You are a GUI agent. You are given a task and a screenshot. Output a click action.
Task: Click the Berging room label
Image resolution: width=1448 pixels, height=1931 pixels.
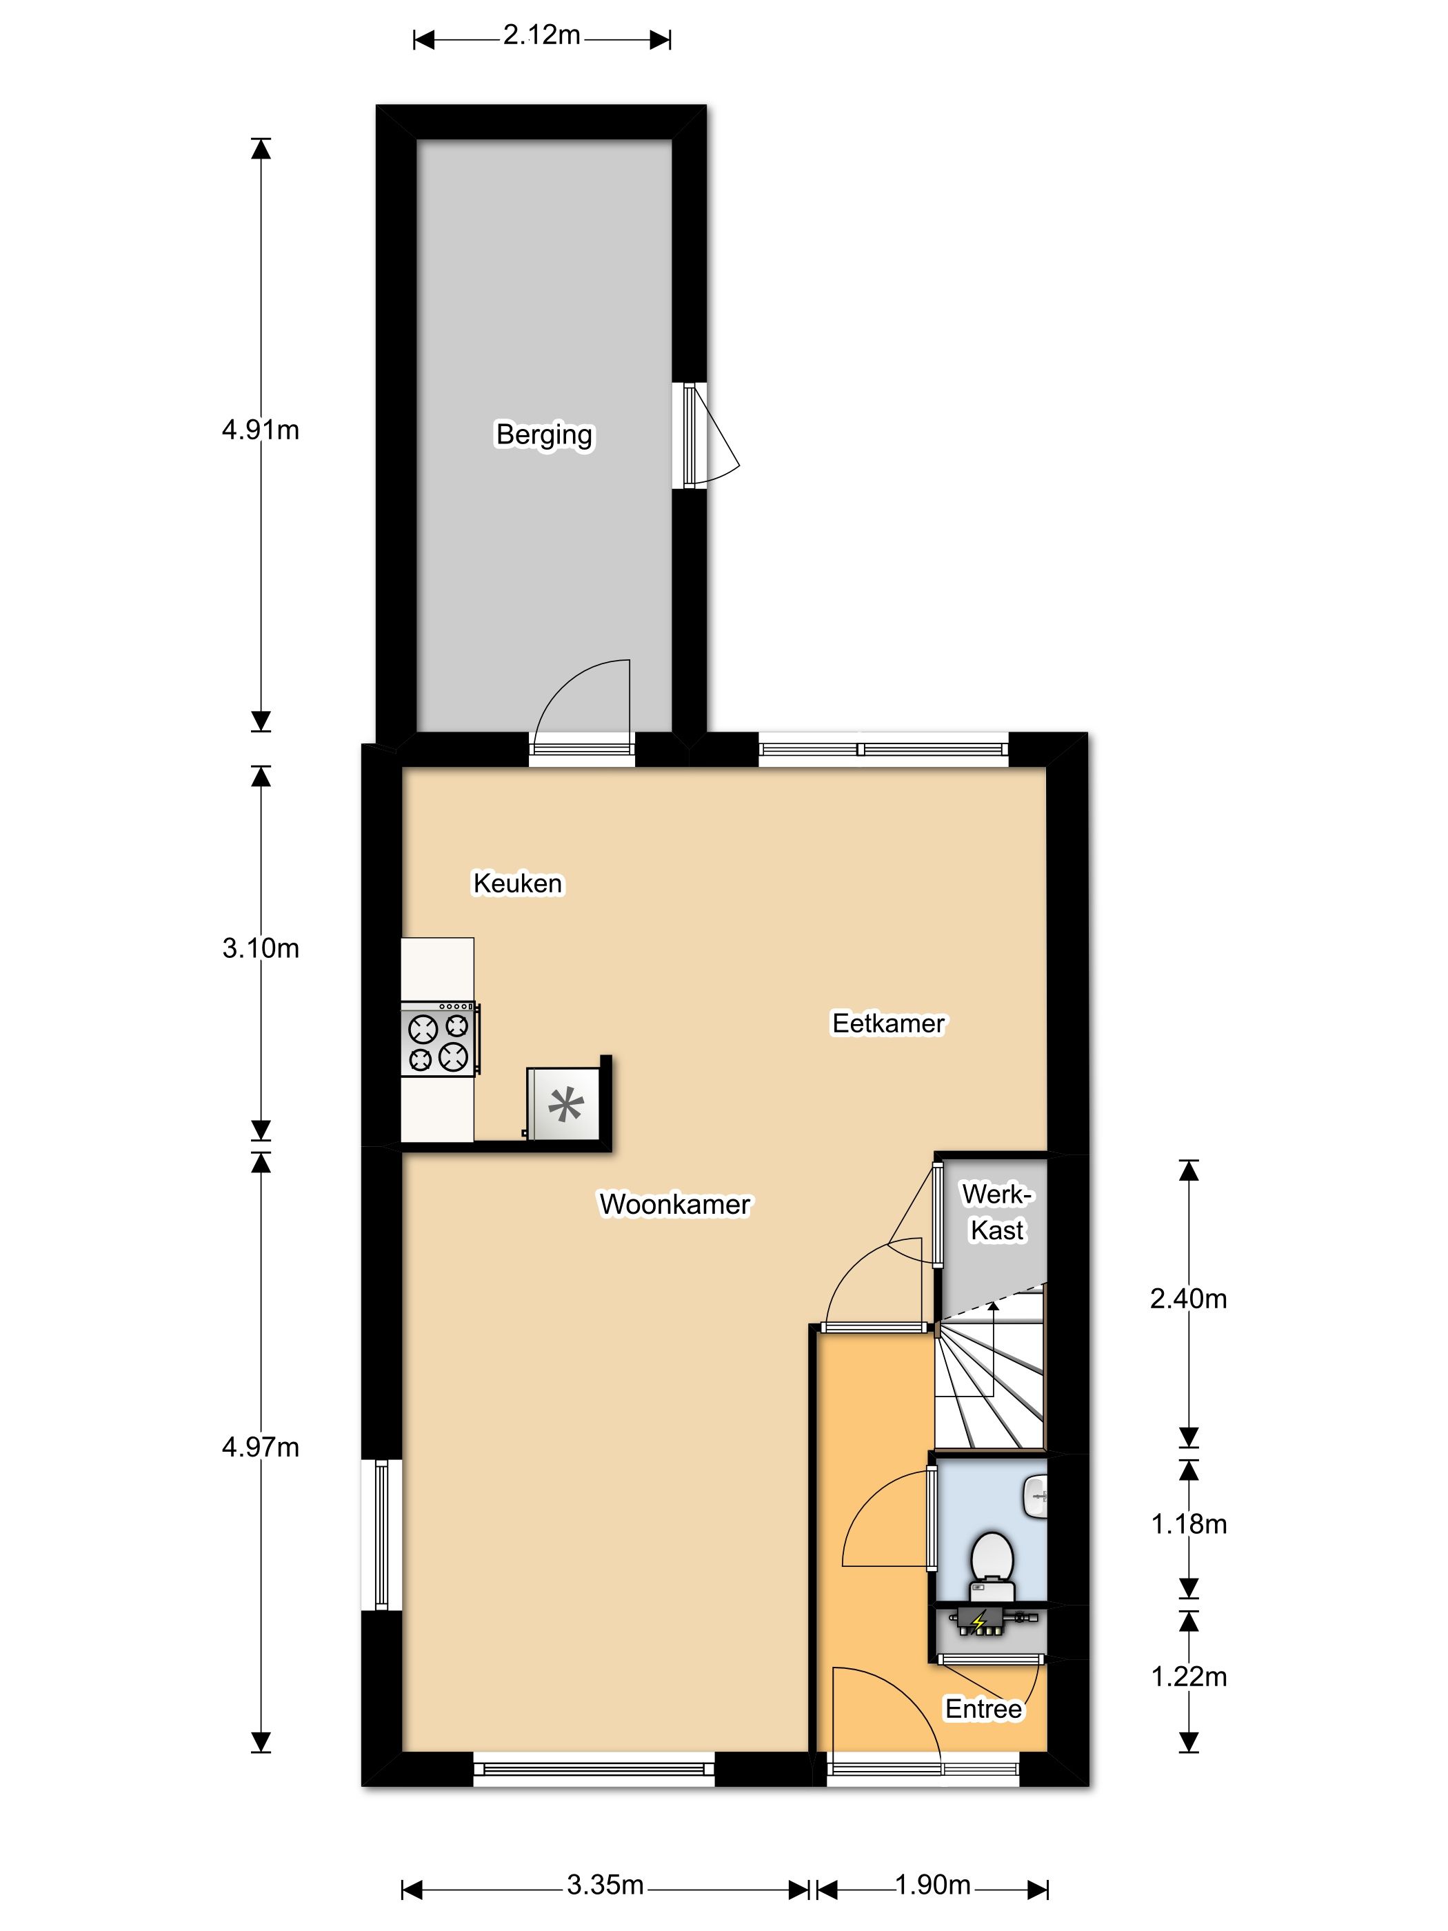[544, 434]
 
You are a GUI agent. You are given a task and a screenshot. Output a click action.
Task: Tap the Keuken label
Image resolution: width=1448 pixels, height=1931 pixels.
[518, 883]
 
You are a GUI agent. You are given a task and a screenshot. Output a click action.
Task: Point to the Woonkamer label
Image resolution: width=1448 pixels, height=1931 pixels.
[674, 1205]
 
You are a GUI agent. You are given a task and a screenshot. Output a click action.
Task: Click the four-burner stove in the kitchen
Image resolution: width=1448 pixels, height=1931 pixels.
[440, 1039]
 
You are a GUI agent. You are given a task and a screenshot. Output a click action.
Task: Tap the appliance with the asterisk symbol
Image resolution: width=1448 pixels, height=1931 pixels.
[564, 1104]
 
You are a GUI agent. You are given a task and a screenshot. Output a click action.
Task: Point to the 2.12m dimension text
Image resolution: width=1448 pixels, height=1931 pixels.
[542, 35]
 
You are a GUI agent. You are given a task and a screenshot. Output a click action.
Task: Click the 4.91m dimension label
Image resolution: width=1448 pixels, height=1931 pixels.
[260, 430]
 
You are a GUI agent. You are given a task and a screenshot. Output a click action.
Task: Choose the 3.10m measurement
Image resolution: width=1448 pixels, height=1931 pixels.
[260, 948]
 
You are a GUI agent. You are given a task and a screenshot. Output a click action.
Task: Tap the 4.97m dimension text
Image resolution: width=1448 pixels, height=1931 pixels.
[260, 1448]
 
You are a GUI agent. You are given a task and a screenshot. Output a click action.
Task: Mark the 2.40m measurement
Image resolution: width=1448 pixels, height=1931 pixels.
[1189, 1299]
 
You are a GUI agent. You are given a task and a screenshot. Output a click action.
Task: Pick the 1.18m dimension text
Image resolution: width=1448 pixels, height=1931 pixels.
[1189, 1524]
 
